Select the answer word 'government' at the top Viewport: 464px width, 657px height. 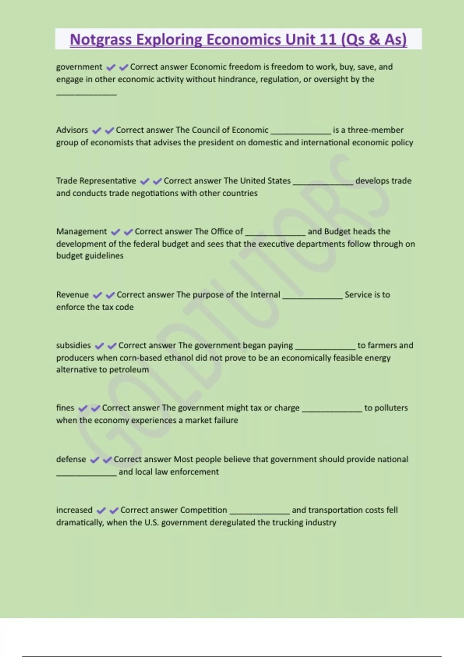tap(79, 67)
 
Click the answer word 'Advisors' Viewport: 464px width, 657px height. tap(72, 130)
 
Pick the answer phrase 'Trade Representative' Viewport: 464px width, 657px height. tap(96, 181)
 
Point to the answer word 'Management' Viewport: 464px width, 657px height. tap(81, 231)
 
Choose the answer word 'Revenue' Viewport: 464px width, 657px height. tap(72, 294)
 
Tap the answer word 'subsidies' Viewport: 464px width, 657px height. tap(73, 345)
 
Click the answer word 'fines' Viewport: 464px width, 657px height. tap(65, 408)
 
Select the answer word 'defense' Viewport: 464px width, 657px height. tap(71, 459)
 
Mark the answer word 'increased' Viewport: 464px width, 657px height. tap(74, 510)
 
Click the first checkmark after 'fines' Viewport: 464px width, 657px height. tap(83, 408)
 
